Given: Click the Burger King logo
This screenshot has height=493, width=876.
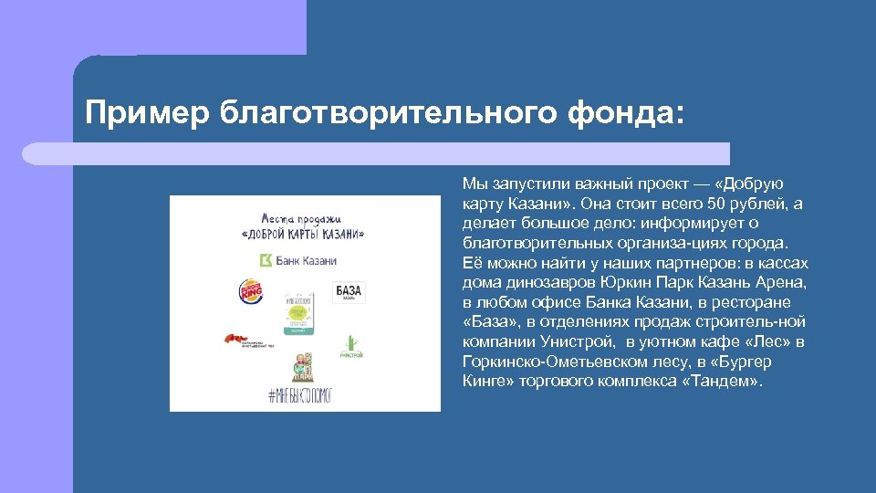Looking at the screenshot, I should [x=250, y=292].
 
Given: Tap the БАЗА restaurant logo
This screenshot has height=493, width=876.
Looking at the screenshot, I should [x=349, y=292].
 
